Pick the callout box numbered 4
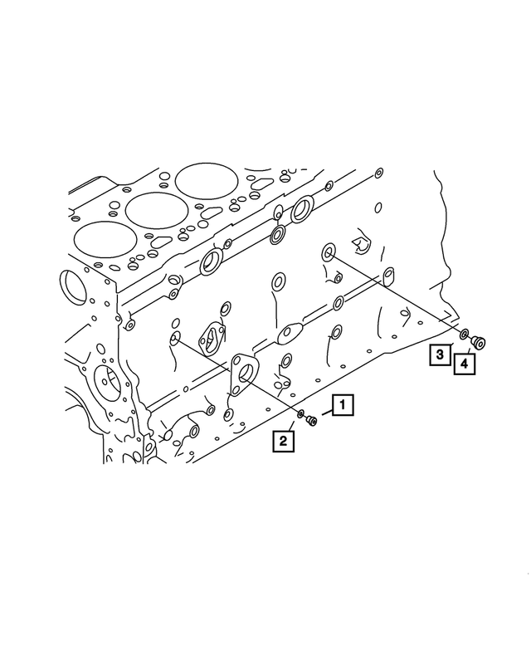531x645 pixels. [x=465, y=363]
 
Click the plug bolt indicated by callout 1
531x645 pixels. [x=312, y=422]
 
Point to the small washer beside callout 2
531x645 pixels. [x=300, y=413]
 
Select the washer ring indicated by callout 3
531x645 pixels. [x=465, y=334]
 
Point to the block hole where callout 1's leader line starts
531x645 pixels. [x=176, y=338]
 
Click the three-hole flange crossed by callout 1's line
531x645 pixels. [x=244, y=373]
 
